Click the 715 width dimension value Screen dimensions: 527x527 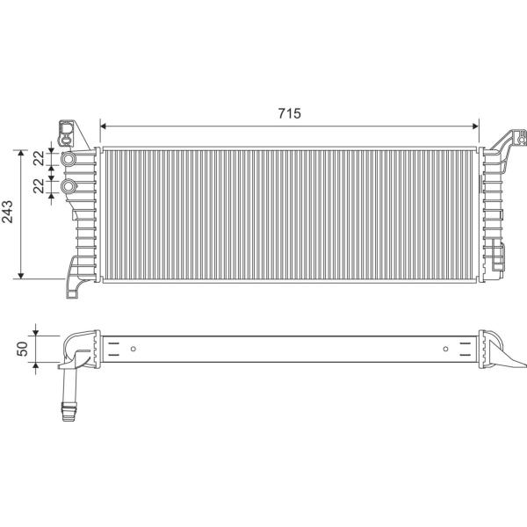click(x=289, y=113)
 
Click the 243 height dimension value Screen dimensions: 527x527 click(x=7, y=212)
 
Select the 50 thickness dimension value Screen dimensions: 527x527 click(x=23, y=349)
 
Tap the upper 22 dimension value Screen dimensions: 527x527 click(x=39, y=158)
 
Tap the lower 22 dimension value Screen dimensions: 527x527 click(x=39, y=185)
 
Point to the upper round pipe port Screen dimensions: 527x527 click(x=69, y=158)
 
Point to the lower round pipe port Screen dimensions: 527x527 click(x=69, y=186)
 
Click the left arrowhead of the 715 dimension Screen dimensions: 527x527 click(x=104, y=126)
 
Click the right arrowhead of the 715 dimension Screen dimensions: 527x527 click(x=475, y=126)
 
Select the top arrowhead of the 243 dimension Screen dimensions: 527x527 click(x=21, y=153)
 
